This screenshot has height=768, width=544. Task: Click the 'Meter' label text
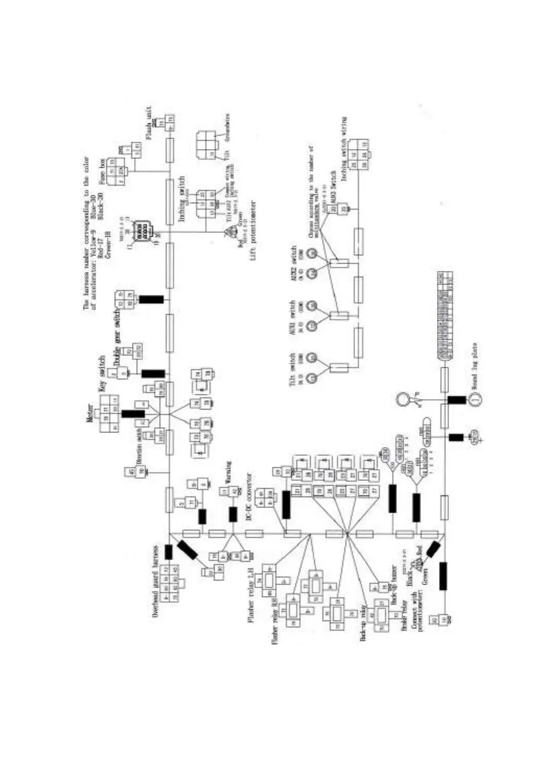tap(90, 413)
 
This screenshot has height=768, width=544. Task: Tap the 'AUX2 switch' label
tap(294, 262)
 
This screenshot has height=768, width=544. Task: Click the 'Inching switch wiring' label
tap(344, 148)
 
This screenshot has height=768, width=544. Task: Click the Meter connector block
tap(110, 413)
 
